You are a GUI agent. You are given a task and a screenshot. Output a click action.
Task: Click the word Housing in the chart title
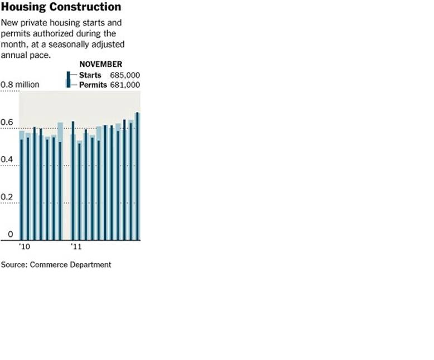pos(21,7)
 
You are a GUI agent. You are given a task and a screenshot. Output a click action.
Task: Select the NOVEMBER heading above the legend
pos(100,64)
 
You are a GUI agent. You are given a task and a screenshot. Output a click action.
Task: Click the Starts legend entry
pos(90,75)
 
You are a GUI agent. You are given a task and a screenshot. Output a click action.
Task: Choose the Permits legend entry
pos(93,84)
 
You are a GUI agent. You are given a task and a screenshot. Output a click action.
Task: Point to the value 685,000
pos(125,75)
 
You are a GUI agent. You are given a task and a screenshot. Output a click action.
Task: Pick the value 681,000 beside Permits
pos(125,84)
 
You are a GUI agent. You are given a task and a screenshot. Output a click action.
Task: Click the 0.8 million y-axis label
pos(20,85)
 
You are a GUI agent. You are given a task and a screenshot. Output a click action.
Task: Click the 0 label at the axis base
pos(10,235)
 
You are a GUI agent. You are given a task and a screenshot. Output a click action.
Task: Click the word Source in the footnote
pos(13,265)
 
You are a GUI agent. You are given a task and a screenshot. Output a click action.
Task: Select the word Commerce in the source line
pos(49,265)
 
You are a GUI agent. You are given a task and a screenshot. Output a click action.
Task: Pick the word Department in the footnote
pos(90,265)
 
